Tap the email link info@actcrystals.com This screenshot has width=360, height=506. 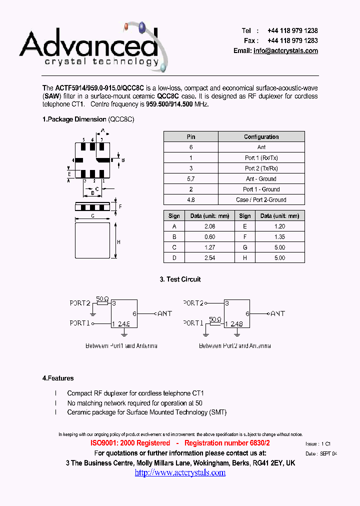pyautogui.click(x=285, y=51)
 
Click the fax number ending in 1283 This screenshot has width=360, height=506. pyautogui.click(x=292, y=40)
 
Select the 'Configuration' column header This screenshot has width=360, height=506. pyautogui.click(x=261, y=136)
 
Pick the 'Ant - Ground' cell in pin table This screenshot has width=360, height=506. pyautogui.click(x=261, y=178)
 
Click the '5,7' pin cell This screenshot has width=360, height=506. pyautogui.click(x=191, y=178)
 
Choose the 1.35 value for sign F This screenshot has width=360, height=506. pyautogui.click(x=279, y=236)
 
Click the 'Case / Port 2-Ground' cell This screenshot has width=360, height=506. pyautogui.click(x=261, y=200)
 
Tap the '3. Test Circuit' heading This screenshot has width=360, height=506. pyautogui.click(x=180, y=279)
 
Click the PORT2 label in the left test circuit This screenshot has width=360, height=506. pyautogui.click(x=80, y=303)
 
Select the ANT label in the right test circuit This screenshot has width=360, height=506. pyautogui.click(x=277, y=313)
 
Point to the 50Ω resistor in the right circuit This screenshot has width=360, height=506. pyautogui.click(x=215, y=320)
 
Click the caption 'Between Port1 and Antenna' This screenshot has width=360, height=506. pyautogui.click(x=121, y=346)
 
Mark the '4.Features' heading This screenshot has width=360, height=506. pyautogui.click(x=58, y=378)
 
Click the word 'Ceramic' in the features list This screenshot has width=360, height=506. pyautogui.click(x=78, y=412)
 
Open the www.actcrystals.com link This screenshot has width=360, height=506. pyautogui.click(x=180, y=472)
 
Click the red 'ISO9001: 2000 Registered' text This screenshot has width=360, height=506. pyautogui.click(x=130, y=443)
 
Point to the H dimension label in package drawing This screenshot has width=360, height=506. pyautogui.click(x=118, y=242)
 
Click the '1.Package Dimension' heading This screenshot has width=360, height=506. pyautogui.click(x=74, y=119)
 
